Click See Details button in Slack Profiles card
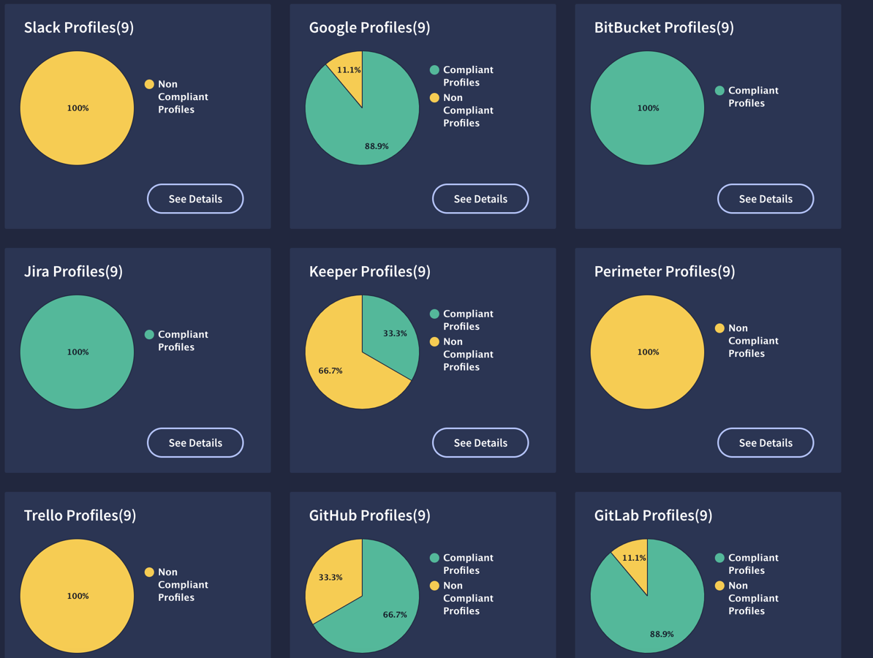pyautogui.click(x=195, y=199)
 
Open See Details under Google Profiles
pyautogui.click(x=480, y=199)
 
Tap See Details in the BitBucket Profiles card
pyautogui.click(x=766, y=199)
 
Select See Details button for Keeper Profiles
pyautogui.click(x=480, y=443)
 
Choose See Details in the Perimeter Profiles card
pyautogui.click(x=766, y=443)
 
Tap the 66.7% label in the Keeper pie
pyautogui.click(x=330, y=371)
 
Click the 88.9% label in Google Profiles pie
pyautogui.click(x=377, y=146)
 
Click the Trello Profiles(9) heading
pyautogui.click(x=80, y=515)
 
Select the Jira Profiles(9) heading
pyautogui.click(x=73, y=271)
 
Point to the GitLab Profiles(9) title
pyautogui.click(x=653, y=515)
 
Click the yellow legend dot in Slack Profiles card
pyautogui.click(x=149, y=84)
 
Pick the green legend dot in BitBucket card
pyautogui.click(x=719, y=91)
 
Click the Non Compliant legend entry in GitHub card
pyautogui.click(x=461, y=598)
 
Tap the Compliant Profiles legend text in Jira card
pyautogui.click(x=183, y=341)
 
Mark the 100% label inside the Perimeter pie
pyautogui.click(x=648, y=352)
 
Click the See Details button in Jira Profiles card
pyautogui.click(x=195, y=443)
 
